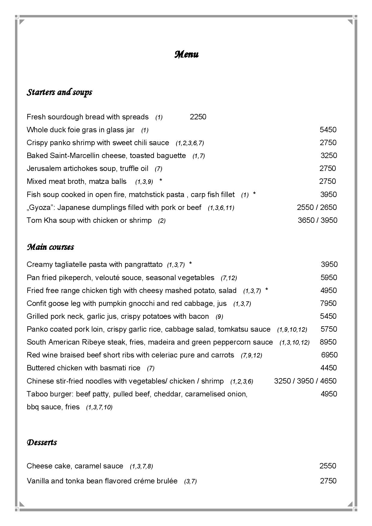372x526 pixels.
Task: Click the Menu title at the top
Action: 186,55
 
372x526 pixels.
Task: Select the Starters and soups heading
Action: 59,92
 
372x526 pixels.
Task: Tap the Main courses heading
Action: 50,247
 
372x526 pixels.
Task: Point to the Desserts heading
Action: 42,442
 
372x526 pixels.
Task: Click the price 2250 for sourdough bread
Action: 198,117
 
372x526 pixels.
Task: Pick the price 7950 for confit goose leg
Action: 328,303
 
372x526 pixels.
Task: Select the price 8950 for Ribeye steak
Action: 328,342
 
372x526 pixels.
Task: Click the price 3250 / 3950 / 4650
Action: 305,381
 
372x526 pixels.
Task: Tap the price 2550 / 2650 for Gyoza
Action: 317,208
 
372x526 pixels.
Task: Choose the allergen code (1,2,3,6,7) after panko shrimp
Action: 190,143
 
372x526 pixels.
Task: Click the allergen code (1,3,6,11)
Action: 221,208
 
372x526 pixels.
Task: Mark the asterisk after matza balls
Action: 161,181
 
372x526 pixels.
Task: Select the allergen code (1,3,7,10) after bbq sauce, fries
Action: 99,407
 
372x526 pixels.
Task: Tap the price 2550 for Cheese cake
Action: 328,466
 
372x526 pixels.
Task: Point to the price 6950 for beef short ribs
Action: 329,355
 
